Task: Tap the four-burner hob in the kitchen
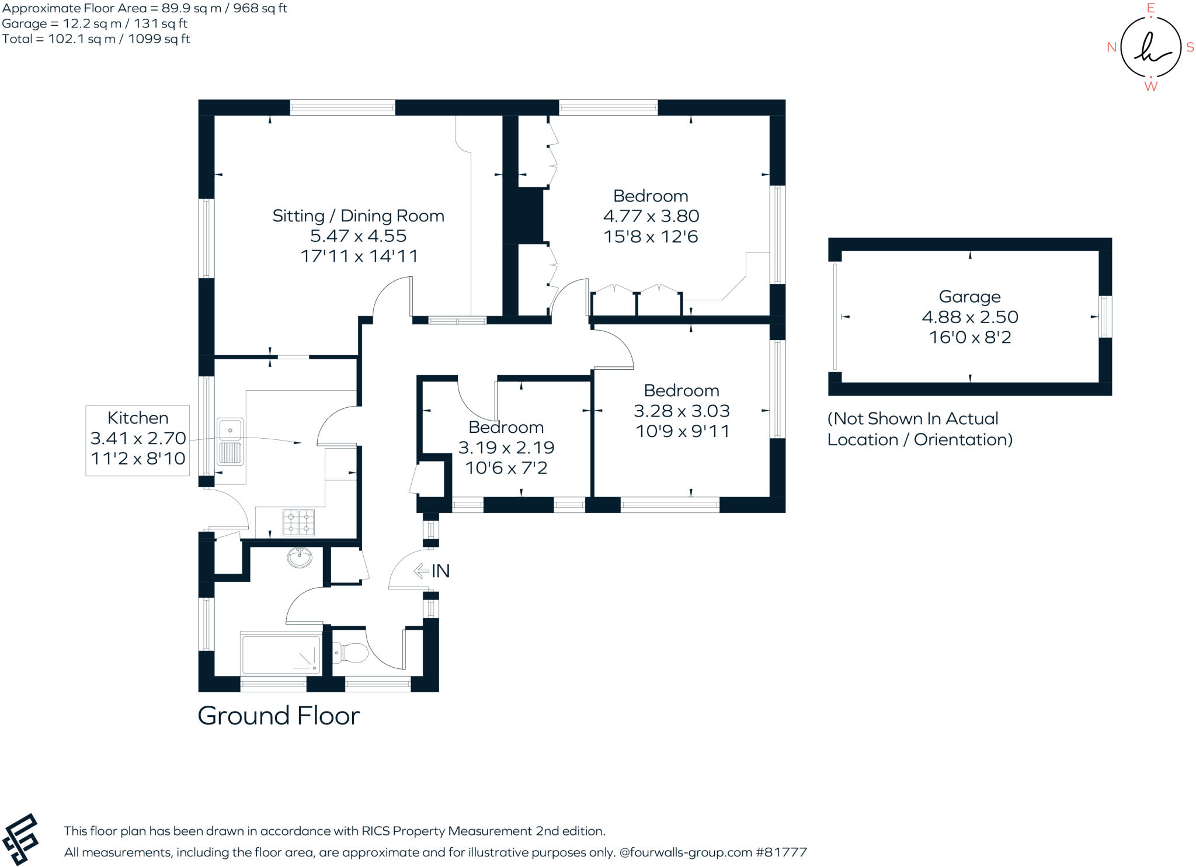[x=298, y=522]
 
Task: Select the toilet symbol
[x=349, y=652]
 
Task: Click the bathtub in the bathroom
[x=281, y=654]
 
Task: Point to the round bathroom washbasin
[x=300, y=557]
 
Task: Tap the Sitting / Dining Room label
[x=358, y=216]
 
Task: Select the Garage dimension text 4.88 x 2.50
[x=969, y=317]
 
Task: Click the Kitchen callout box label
[x=138, y=418]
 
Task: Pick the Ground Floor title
[x=279, y=716]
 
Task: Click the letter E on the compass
[x=1150, y=8]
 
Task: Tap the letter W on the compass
[x=1150, y=86]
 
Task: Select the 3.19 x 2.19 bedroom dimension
[x=506, y=448]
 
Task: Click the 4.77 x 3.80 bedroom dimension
[x=651, y=216]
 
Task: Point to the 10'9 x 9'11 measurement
[x=682, y=431]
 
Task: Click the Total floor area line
[x=96, y=39]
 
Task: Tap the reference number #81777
[x=781, y=852]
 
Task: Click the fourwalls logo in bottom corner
[x=21, y=839]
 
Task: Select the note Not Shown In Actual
[x=913, y=419]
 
